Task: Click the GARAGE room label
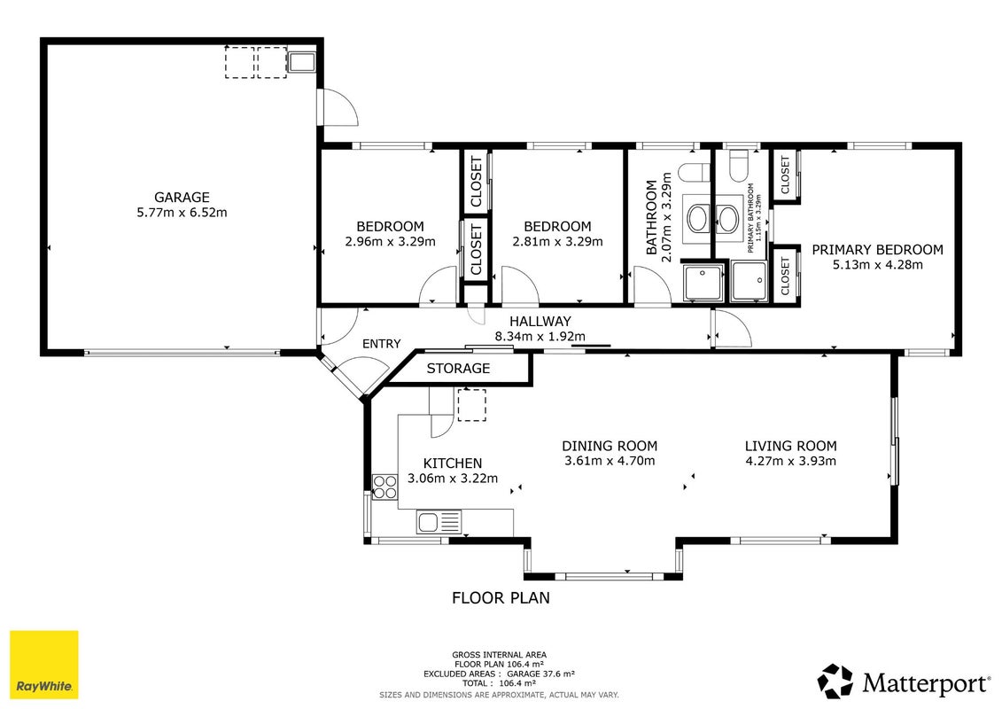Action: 182,198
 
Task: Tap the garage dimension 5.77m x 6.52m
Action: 182,212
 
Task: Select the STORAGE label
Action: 458,369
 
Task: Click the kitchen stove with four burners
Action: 384,487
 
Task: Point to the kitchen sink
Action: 439,522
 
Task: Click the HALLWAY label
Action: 540,322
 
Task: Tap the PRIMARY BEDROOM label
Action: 877,250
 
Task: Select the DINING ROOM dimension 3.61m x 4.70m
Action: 610,461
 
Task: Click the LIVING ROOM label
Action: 790,447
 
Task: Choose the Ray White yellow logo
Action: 44,665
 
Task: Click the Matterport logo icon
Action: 835,682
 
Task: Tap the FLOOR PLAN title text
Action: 501,598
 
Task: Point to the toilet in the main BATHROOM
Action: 694,172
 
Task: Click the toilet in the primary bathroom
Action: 739,159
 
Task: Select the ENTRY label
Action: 382,344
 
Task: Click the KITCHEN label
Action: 453,464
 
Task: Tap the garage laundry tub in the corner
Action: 301,63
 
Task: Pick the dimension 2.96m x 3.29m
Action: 390,242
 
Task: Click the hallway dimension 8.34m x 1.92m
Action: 540,336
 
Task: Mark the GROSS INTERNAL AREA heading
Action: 499,655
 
